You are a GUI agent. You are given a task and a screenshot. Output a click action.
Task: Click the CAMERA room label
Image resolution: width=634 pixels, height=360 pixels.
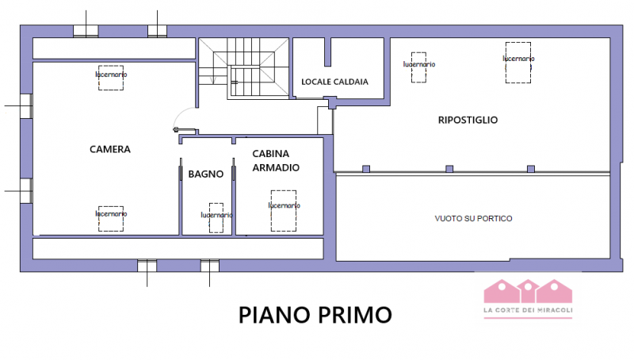(x=109, y=149)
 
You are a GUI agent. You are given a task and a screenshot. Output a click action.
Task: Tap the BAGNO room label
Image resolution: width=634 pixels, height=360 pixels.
(x=206, y=173)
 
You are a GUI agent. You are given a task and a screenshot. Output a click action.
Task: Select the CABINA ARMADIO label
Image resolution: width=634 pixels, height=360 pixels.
(x=275, y=160)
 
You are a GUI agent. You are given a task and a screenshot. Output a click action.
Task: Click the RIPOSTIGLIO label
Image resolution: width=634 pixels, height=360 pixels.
(x=468, y=121)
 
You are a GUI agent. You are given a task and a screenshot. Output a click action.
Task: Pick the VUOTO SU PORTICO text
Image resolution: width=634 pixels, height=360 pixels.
(x=473, y=218)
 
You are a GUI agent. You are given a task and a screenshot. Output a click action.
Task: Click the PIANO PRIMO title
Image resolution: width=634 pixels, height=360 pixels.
(x=315, y=315)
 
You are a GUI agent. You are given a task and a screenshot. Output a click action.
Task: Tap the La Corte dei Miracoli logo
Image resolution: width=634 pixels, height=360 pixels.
(x=528, y=297)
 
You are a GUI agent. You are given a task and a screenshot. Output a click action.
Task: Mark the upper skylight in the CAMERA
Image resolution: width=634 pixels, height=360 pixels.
(x=110, y=77)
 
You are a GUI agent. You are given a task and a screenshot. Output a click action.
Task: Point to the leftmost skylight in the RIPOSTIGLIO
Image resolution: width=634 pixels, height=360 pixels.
(x=418, y=66)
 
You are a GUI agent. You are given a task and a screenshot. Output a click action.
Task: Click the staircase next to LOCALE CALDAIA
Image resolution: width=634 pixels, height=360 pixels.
(x=244, y=70)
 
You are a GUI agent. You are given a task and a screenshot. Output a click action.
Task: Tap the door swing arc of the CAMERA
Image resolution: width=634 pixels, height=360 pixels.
(x=186, y=119)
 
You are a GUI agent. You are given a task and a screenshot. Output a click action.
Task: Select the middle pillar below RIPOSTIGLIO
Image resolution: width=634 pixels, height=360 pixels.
(x=449, y=168)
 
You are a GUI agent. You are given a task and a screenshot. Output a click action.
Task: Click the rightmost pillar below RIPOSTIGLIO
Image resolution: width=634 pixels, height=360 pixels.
(x=531, y=168)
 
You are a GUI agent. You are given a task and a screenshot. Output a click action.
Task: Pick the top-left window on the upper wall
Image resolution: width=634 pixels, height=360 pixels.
(x=86, y=31)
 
